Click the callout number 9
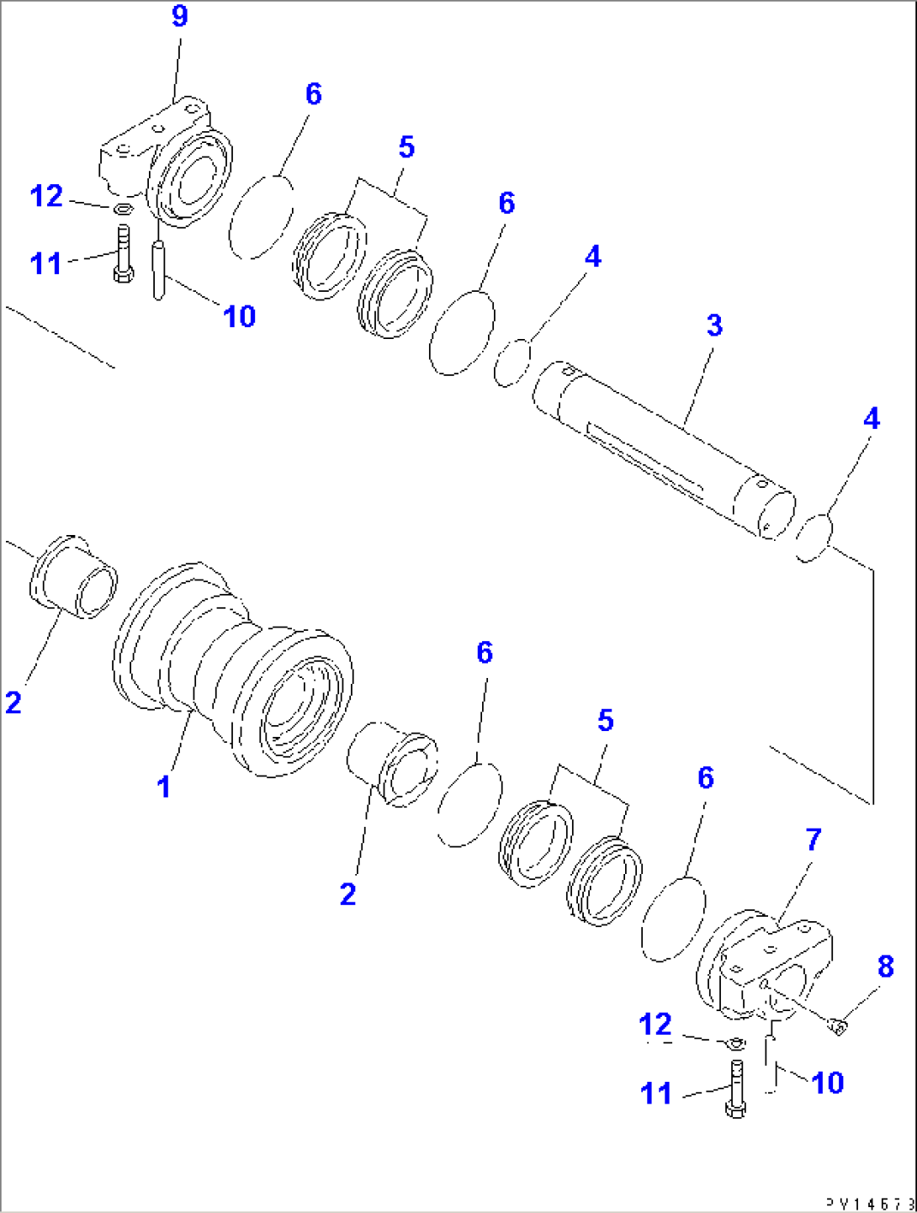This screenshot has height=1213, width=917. tap(179, 16)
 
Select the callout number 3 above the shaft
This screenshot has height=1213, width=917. tap(714, 325)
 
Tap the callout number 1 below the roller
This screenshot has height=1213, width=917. tap(164, 787)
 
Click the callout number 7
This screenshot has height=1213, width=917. tap(813, 839)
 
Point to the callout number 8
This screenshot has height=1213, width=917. tap(885, 967)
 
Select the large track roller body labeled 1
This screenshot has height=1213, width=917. tap(236, 669)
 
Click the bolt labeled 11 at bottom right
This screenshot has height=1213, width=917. tap(735, 1089)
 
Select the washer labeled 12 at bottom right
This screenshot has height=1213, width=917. tap(734, 1043)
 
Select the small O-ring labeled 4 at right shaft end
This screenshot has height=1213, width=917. tap(814, 538)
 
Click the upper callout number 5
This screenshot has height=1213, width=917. tap(406, 147)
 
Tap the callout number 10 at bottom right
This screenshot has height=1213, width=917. tap(827, 1083)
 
